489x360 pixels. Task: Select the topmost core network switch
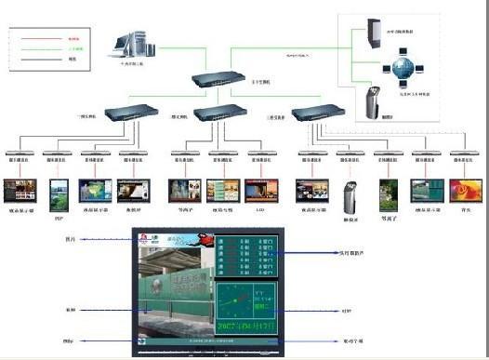tap(223, 84)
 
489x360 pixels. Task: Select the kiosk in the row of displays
tap(351, 190)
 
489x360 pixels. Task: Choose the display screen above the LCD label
tap(259, 192)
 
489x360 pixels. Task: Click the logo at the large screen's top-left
tap(146, 238)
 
